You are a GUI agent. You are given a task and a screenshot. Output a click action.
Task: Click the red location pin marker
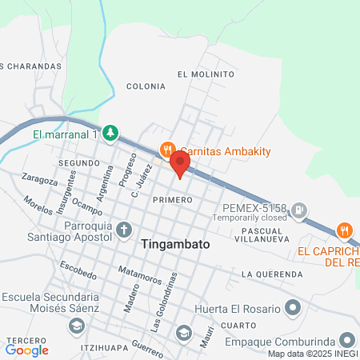click(x=181, y=164)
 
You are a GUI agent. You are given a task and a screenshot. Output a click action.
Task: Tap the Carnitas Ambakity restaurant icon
click(x=167, y=150)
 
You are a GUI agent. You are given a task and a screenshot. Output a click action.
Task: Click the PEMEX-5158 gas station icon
click(x=298, y=211)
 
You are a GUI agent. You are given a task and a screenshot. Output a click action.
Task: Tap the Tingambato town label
click(x=177, y=246)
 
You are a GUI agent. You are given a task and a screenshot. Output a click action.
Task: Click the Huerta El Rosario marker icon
click(x=294, y=307)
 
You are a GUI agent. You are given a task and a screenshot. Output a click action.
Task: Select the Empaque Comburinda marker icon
click(x=346, y=339)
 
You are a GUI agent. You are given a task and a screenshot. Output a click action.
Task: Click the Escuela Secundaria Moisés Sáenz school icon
click(x=76, y=325)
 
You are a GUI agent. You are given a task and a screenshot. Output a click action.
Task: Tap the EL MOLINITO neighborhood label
click(x=206, y=74)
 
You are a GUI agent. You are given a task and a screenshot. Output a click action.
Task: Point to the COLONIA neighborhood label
click(x=146, y=86)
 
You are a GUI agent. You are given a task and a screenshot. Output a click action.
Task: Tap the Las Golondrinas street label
click(x=161, y=307)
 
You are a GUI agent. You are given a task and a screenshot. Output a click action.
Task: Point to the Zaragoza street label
click(x=40, y=178)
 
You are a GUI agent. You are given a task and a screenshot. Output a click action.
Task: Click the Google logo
click(x=26, y=349)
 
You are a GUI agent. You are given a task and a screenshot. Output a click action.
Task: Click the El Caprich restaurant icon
click(x=344, y=229)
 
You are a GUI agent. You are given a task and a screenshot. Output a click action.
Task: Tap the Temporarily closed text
click(x=249, y=217)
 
